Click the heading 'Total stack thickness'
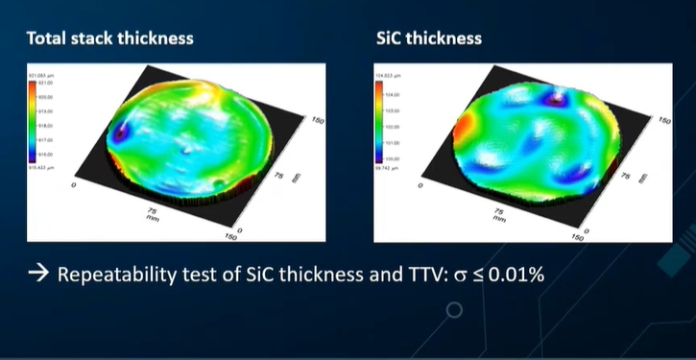click(x=109, y=38)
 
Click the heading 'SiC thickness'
click(x=429, y=38)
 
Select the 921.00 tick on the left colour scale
click(x=45, y=84)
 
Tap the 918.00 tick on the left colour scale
click(x=45, y=126)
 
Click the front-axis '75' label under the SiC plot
click(x=502, y=209)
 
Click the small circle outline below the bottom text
click(x=455, y=309)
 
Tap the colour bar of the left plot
click(x=34, y=120)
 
